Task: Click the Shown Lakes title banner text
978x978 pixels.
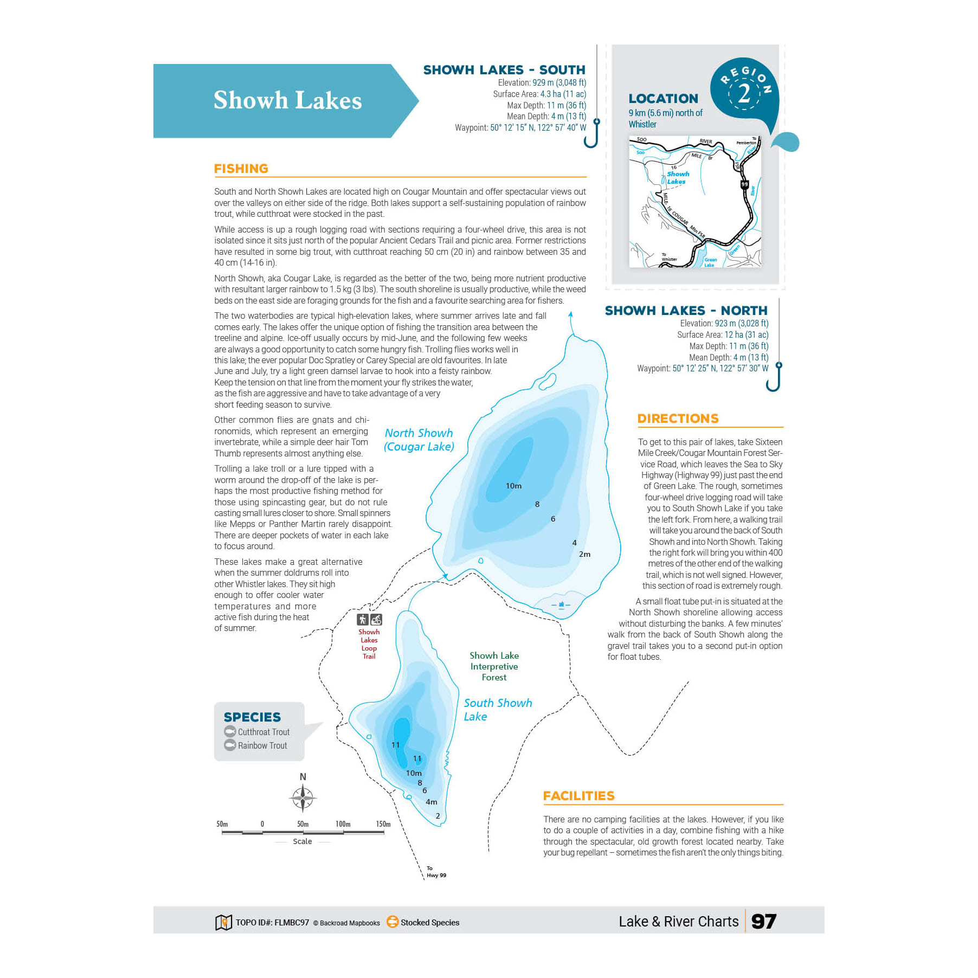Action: pyautogui.click(x=287, y=101)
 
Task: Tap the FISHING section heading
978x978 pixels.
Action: pyautogui.click(x=241, y=169)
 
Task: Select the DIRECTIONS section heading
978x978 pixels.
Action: pyautogui.click(x=678, y=419)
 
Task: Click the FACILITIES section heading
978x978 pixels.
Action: pyautogui.click(x=578, y=796)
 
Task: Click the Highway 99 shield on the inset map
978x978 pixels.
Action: pyautogui.click(x=744, y=184)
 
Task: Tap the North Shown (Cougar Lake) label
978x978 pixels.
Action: pyautogui.click(x=419, y=440)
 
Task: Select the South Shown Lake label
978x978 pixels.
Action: pyautogui.click(x=497, y=710)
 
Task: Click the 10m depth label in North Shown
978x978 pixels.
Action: pyautogui.click(x=513, y=486)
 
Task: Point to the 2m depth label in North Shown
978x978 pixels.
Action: pyautogui.click(x=584, y=554)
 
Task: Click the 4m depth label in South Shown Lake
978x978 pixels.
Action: pyautogui.click(x=431, y=802)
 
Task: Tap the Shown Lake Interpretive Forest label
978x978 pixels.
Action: pyautogui.click(x=494, y=666)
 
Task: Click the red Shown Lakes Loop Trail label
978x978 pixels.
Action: pyautogui.click(x=369, y=644)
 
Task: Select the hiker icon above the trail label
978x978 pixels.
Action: pyautogui.click(x=362, y=620)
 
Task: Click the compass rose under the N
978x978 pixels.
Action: pyautogui.click(x=303, y=798)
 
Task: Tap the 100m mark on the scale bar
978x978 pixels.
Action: pyautogui.click(x=343, y=824)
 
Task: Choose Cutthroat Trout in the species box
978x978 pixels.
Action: pyautogui.click(x=263, y=732)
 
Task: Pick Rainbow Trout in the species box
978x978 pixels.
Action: pyautogui.click(x=262, y=745)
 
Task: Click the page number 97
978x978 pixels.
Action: pyautogui.click(x=763, y=922)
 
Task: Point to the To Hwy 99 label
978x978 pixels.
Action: pyautogui.click(x=435, y=872)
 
